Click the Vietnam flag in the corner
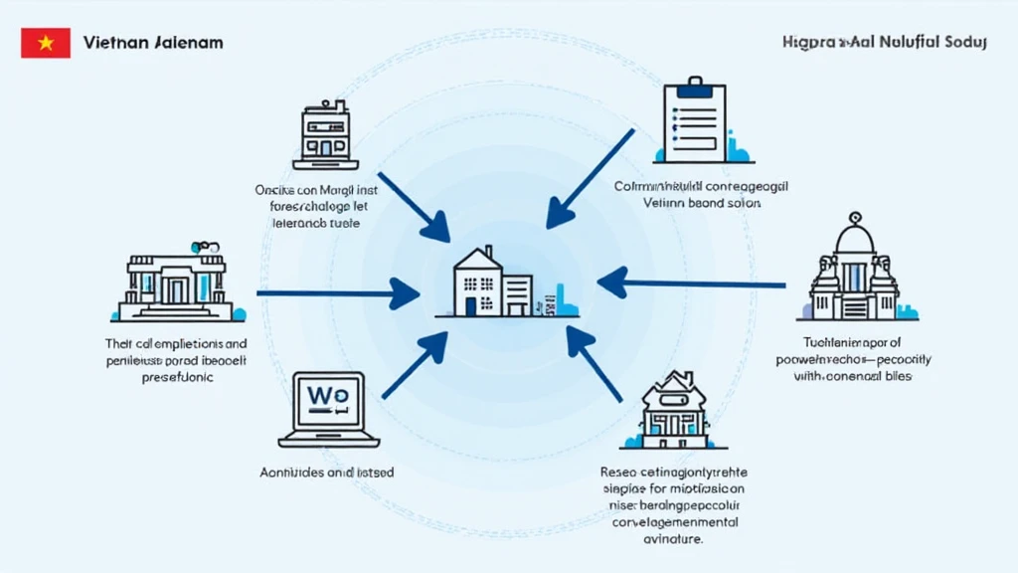tap(46, 43)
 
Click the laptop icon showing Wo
tap(328, 408)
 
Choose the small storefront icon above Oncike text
tap(325, 136)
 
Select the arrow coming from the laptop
tap(415, 366)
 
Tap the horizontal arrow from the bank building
tap(338, 293)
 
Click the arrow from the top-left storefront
tap(413, 204)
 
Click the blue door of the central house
tap(470, 305)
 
